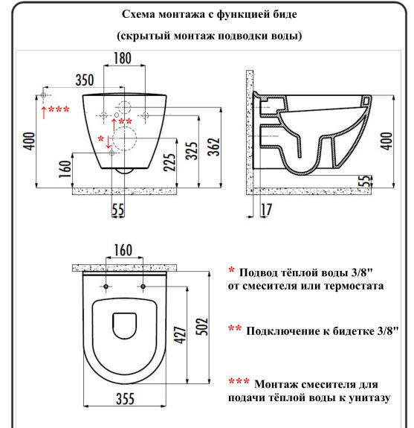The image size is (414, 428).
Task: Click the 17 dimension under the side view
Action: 265,209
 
